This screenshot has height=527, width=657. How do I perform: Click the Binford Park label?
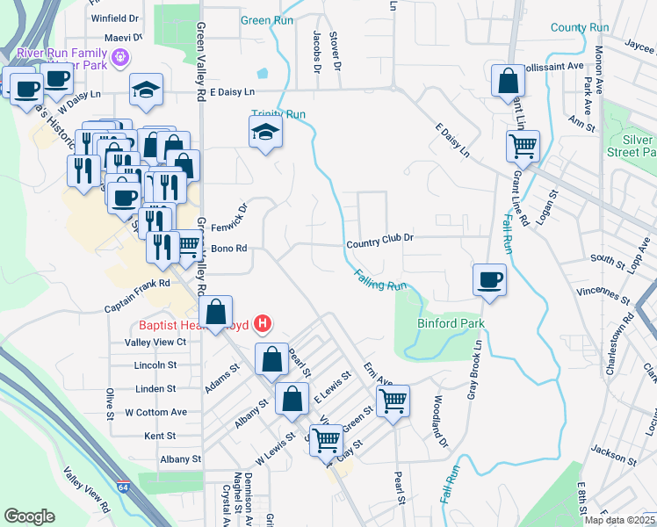(451, 323)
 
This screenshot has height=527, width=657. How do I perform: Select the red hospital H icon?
(262, 325)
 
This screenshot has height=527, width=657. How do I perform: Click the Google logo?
(29, 516)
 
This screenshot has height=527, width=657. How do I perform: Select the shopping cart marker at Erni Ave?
(393, 401)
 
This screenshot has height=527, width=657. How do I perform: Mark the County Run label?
(580, 27)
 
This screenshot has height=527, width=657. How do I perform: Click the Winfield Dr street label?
(115, 18)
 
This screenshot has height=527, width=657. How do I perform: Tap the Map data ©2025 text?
(618, 520)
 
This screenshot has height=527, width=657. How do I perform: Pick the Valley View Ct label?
(156, 342)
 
